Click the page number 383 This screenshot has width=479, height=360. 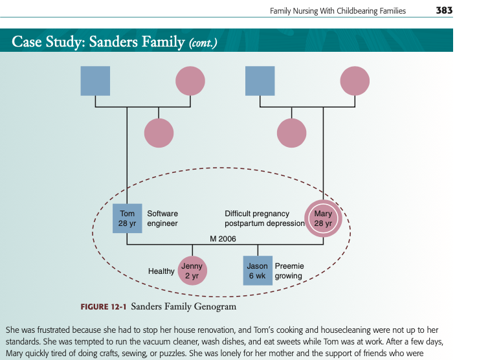444,11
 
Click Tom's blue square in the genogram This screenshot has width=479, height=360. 127,218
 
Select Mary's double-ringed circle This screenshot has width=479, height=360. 323,218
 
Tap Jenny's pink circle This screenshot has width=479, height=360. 192,271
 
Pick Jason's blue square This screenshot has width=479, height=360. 258,271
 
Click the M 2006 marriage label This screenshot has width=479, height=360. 223,239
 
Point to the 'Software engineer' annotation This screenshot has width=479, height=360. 162,218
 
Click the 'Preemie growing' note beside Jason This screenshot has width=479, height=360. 289,271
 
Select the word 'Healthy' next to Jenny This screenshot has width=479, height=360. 161,271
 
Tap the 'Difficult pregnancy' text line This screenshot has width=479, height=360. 257,213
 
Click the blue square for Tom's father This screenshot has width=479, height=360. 95,81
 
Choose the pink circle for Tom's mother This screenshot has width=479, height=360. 190,81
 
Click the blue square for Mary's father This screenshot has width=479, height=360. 260,81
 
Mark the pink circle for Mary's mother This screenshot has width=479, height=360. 355,81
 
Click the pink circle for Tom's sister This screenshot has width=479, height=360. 159,133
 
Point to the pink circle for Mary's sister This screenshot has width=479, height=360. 292,133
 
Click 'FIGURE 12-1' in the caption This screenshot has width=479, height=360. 104,307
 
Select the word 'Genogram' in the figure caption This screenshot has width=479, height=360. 215,306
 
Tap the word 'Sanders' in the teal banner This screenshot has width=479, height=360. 113,41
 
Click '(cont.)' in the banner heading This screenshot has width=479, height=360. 203,43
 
